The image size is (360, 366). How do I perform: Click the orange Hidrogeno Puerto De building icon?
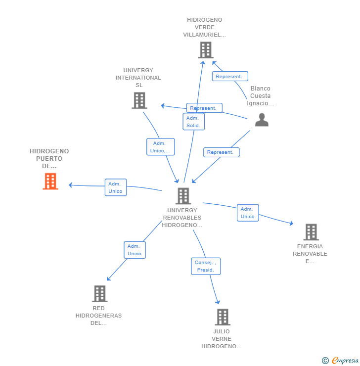(50, 181)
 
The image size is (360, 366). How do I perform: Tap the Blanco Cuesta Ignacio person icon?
(262, 120)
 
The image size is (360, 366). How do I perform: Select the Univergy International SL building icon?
(139, 100)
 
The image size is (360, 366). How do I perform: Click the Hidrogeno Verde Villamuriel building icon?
(206, 50)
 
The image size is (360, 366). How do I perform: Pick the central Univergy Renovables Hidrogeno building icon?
(183, 196)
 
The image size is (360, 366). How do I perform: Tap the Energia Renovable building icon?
(311, 232)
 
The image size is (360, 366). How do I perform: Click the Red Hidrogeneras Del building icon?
(100, 294)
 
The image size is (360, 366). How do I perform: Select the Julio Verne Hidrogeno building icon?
(223, 317)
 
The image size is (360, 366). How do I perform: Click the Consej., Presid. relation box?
(206, 266)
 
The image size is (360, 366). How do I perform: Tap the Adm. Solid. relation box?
(194, 122)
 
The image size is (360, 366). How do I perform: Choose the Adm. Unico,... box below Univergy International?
(161, 147)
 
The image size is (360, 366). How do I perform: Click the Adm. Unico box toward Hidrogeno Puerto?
(116, 187)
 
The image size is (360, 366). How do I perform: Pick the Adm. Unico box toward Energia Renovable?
(248, 213)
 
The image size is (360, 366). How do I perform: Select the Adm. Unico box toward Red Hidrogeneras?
(135, 250)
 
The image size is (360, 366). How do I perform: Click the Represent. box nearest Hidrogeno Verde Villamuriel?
(230, 76)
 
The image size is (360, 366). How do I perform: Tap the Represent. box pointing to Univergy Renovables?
(221, 152)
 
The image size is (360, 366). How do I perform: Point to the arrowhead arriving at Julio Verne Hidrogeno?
(218, 302)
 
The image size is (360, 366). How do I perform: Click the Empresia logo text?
(345, 360)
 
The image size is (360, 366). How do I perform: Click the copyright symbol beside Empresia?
(325, 361)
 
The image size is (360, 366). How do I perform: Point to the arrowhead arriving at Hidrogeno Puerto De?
(70, 185)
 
